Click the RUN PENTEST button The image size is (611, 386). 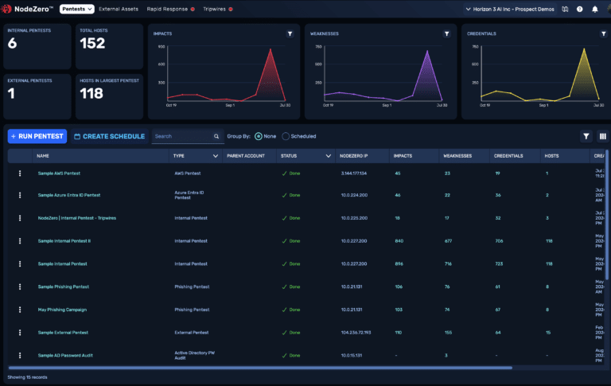[37, 136]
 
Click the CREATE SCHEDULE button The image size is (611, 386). [109, 136]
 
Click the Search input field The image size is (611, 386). [181, 136]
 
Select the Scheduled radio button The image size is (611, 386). [286, 136]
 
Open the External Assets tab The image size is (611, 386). [119, 10]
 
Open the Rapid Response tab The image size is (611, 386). [167, 10]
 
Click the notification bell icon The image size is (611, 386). [595, 10]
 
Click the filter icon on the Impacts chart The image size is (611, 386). [290, 34]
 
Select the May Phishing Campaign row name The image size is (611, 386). [62, 309]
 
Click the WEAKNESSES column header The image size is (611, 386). [456, 156]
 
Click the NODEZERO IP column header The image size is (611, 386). [354, 156]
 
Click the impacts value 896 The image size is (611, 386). [400, 263]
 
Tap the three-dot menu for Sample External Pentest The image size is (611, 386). [20, 332]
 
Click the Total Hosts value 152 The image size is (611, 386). [92, 44]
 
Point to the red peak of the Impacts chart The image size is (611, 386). [270, 50]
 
